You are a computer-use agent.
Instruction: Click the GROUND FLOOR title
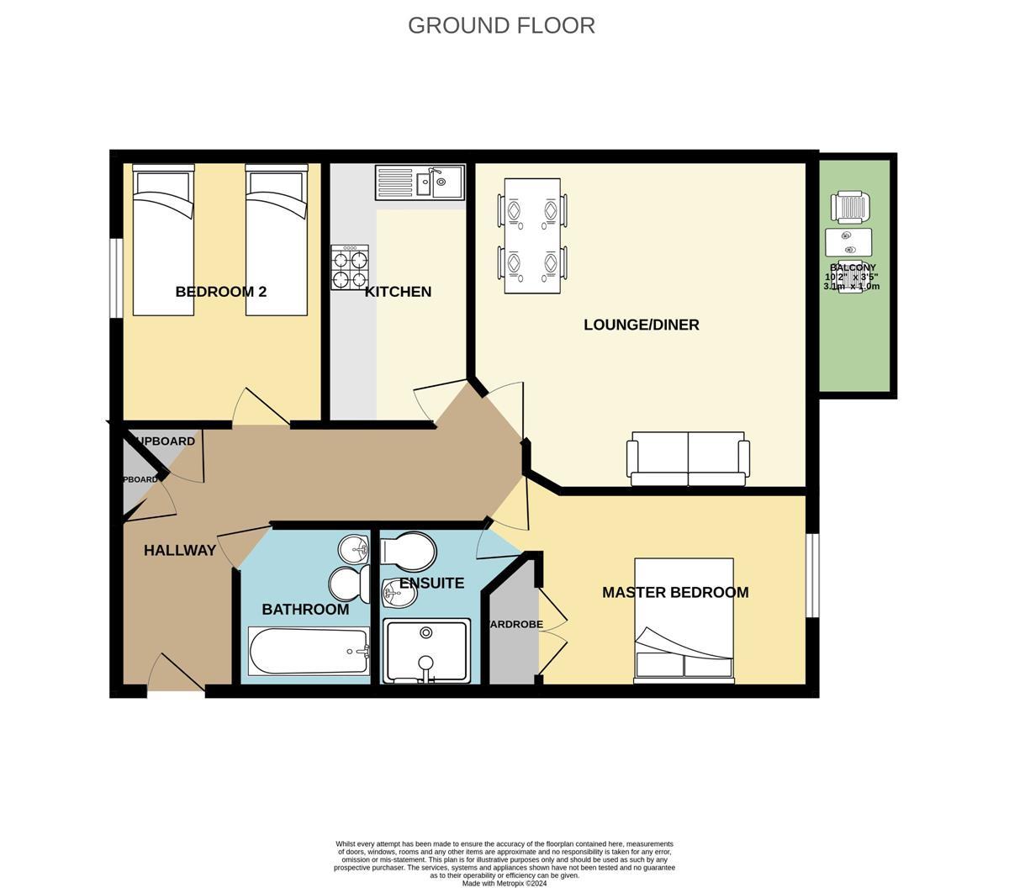[x=501, y=25]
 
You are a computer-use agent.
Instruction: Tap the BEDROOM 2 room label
[x=220, y=292]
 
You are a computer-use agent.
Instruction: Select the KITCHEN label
[x=398, y=292]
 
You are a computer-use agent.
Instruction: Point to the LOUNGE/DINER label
[x=641, y=325]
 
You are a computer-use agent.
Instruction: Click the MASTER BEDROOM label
[x=674, y=592]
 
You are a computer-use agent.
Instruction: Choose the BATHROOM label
[x=304, y=609]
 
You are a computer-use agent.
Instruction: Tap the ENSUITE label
[x=431, y=583]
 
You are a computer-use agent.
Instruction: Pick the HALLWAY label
[x=179, y=550]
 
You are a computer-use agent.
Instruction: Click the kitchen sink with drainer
[x=420, y=182]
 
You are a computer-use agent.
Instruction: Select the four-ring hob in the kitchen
[x=350, y=267]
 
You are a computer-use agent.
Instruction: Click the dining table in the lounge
[x=532, y=236]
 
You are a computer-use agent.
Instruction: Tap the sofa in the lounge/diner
[x=688, y=460]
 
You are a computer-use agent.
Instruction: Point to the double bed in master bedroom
[x=684, y=620]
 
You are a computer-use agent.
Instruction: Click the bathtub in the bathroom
[x=309, y=651]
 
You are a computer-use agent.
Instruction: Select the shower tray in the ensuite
[x=426, y=651]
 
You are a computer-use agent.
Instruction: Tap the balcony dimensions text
[x=852, y=281]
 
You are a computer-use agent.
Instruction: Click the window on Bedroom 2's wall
[x=117, y=278]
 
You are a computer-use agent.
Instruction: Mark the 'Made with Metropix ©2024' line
[x=504, y=883]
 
